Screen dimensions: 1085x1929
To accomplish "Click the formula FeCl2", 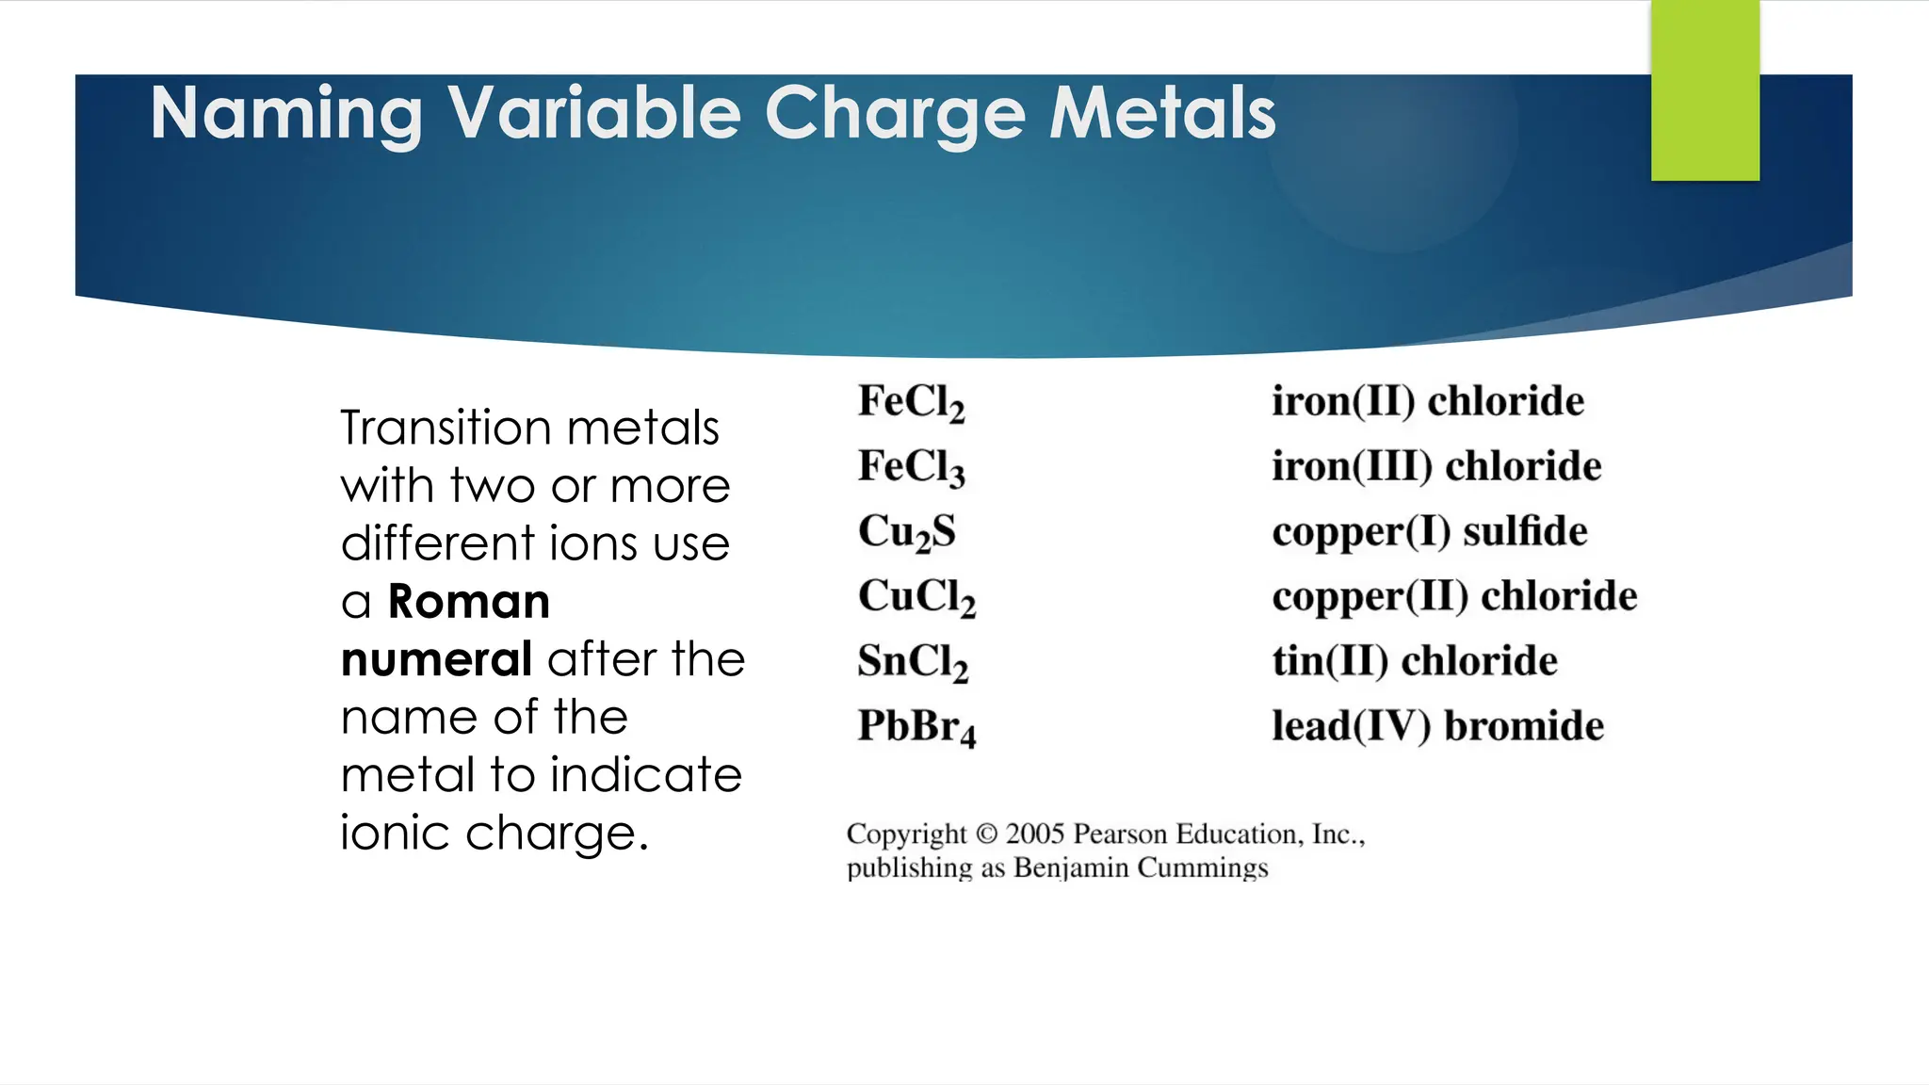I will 911,402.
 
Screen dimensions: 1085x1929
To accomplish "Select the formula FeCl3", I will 911,467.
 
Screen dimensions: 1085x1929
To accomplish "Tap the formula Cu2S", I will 906,532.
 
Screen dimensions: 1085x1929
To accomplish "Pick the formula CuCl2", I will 916,597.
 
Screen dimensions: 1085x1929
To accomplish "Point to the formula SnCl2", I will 912,662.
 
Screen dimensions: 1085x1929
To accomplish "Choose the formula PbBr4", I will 916,727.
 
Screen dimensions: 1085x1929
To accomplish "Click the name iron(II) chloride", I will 1427,402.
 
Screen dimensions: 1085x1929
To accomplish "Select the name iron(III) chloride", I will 1435,467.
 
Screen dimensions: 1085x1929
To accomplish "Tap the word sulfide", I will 1525,532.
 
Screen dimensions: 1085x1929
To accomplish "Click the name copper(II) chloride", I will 1454,597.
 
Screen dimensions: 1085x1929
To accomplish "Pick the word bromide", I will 1524,727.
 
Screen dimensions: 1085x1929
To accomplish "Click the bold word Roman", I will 469,602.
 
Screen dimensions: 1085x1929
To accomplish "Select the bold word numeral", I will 436,659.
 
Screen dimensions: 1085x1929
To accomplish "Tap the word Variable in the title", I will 594,114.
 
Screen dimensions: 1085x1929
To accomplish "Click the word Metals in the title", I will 1162,114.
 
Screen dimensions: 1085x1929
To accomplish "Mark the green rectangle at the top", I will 1705,90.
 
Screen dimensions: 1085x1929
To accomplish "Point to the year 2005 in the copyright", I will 1034,834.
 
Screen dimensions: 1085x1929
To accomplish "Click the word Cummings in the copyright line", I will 1203,867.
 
